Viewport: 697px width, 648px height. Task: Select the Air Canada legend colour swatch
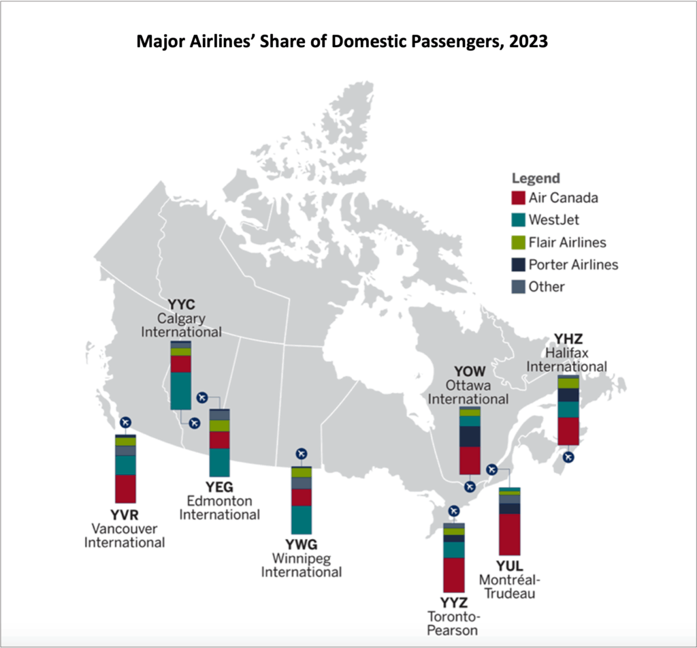pyautogui.click(x=518, y=198)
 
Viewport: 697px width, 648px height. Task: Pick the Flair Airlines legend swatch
pyautogui.click(x=518, y=243)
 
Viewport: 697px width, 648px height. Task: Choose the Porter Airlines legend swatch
pyautogui.click(x=518, y=264)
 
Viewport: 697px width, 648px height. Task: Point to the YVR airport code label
pyautogui.click(x=125, y=514)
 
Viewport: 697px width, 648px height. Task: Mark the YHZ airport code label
pyautogui.click(x=568, y=339)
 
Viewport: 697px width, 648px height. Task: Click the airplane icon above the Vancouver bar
pyautogui.click(x=125, y=422)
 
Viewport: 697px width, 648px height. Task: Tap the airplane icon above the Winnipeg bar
pyautogui.click(x=302, y=454)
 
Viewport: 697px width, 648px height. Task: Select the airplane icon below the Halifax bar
pyautogui.click(x=568, y=457)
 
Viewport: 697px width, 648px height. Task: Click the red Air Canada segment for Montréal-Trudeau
pyautogui.click(x=509, y=534)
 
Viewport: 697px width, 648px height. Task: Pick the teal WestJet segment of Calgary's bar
pyautogui.click(x=181, y=390)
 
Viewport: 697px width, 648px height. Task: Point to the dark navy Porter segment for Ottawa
pyautogui.click(x=470, y=436)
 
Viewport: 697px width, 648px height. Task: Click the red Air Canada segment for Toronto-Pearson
pyautogui.click(x=453, y=574)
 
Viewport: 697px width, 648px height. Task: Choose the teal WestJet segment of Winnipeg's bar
pyautogui.click(x=302, y=520)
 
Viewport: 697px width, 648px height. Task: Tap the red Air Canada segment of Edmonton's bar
pyautogui.click(x=219, y=439)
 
